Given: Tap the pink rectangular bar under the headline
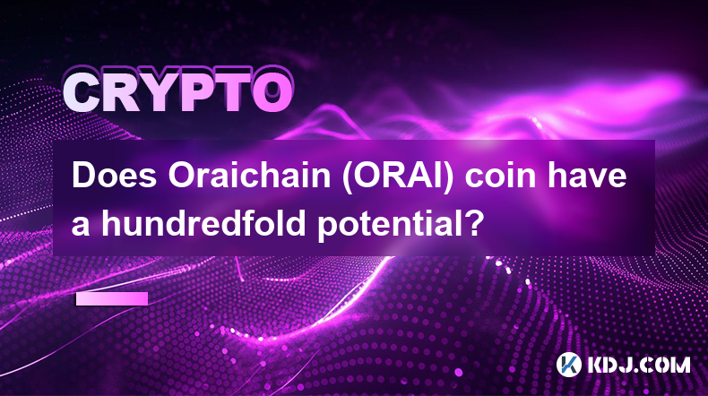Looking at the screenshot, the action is [x=111, y=298].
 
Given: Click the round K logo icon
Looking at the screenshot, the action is [x=568, y=364].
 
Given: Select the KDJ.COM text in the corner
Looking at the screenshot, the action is [x=638, y=365].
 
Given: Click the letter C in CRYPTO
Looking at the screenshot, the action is [x=83, y=93].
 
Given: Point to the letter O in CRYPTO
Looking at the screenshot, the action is [x=272, y=93].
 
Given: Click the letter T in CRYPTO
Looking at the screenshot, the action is [x=231, y=93].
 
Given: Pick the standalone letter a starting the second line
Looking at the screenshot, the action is [x=81, y=225].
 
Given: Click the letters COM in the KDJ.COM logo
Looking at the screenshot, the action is [x=665, y=365].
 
